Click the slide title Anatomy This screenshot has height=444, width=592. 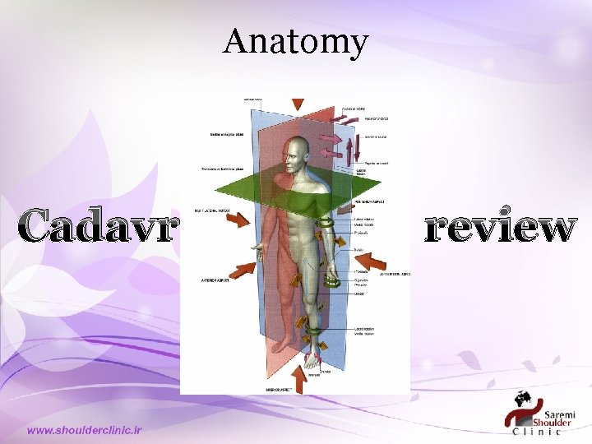tap(295, 41)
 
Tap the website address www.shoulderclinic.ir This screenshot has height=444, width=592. tap(85, 430)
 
